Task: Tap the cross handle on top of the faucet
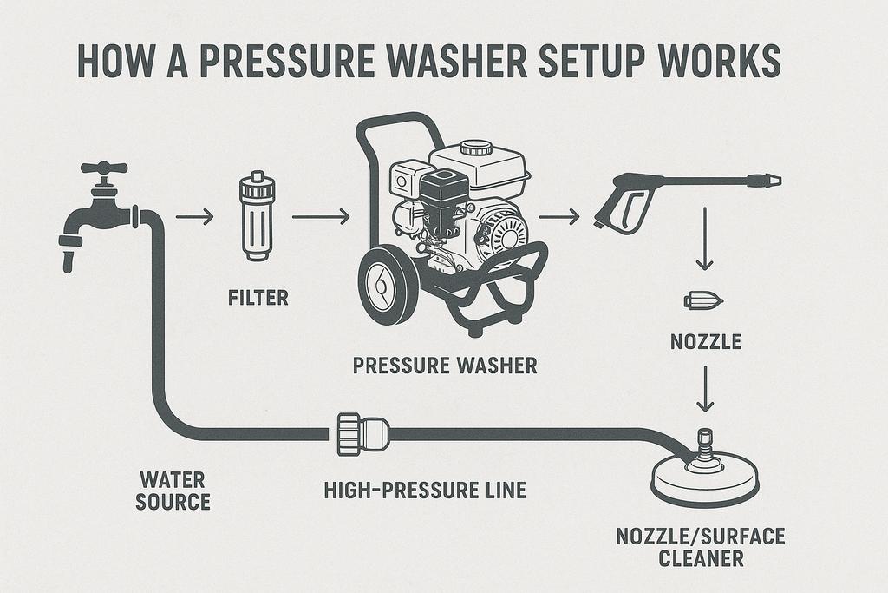[103, 168]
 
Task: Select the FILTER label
[258, 299]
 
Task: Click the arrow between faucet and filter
[194, 217]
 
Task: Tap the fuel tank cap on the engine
[476, 148]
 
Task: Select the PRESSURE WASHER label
[445, 366]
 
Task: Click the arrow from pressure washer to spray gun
[559, 216]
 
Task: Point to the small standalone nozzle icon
[703, 301]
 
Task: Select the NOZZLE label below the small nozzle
[705, 342]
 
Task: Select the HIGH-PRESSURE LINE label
[424, 491]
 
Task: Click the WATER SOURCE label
[173, 491]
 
